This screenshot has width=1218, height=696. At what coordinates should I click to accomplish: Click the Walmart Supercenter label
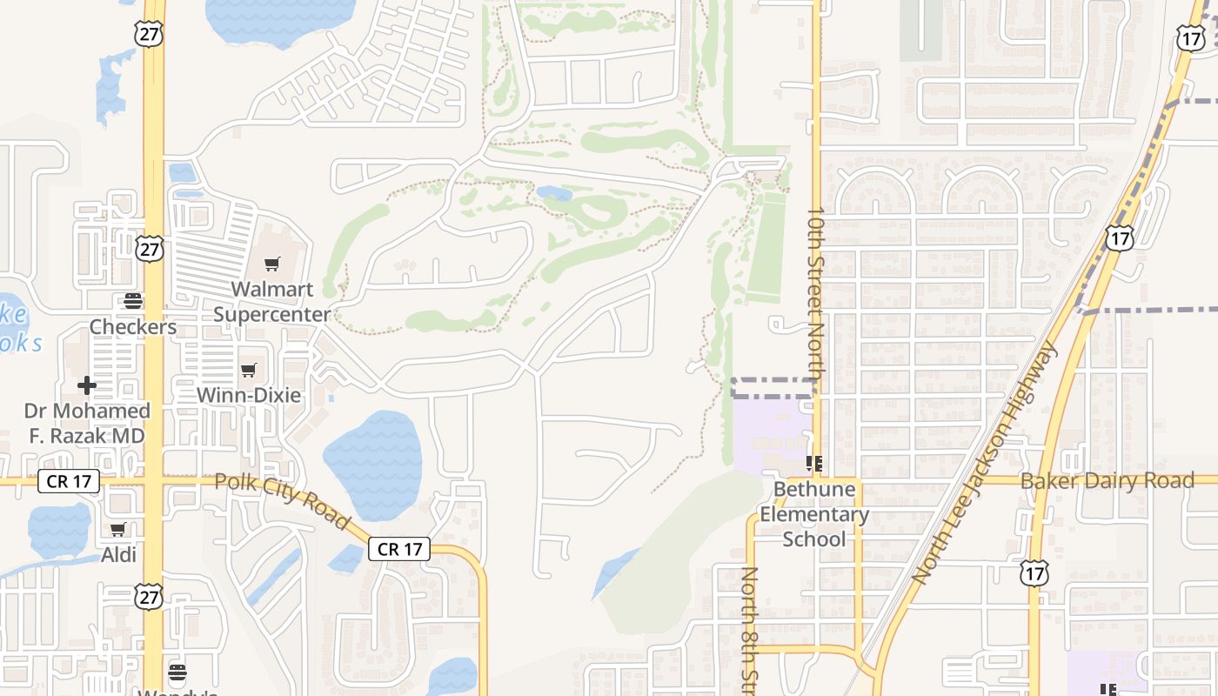(272, 301)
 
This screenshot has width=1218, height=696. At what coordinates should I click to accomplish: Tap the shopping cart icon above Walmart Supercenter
(272, 264)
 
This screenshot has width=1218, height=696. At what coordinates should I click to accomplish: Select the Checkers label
(133, 327)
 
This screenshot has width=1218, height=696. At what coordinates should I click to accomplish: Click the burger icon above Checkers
(133, 301)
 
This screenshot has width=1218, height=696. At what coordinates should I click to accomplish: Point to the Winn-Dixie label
(249, 395)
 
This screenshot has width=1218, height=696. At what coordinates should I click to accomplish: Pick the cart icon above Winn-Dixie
(249, 370)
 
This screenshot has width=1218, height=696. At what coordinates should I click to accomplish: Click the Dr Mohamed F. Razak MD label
(87, 423)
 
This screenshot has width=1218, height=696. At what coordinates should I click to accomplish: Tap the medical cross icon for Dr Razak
(86, 385)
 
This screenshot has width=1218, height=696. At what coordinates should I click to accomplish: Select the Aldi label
(119, 554)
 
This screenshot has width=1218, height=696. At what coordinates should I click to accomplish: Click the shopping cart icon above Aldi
(118, 529)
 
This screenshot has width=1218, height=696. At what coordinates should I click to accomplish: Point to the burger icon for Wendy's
(177, 673)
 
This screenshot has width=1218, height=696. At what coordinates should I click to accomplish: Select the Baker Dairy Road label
(1107, 481)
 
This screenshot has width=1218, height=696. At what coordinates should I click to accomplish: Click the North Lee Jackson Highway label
(987, 461)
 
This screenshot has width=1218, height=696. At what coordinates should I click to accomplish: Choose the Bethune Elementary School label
(813, 513)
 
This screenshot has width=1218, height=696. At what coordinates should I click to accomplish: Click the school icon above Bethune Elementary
(814, 464)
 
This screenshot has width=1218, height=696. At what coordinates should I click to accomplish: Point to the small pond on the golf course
(553, 192)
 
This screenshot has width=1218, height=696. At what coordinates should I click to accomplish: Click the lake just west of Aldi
(59, 530)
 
